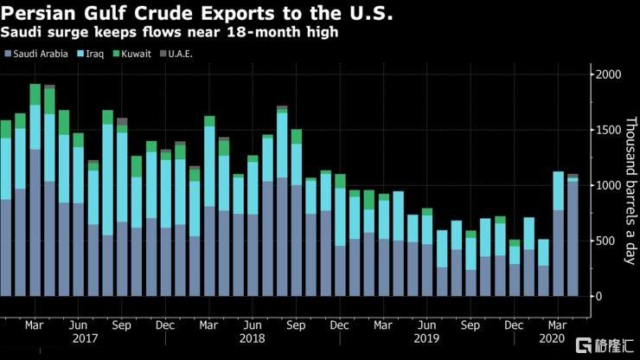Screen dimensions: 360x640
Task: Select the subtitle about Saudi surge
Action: tap(169, 33)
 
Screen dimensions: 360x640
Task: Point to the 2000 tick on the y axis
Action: tap(609, 74)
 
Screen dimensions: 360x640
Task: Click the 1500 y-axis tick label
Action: tap(609, 130)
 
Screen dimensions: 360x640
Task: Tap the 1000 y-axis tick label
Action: tap(609, 185)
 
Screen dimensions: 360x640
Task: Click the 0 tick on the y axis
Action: tap(602, 296)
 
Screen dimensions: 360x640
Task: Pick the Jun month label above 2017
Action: tap(78, 326)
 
